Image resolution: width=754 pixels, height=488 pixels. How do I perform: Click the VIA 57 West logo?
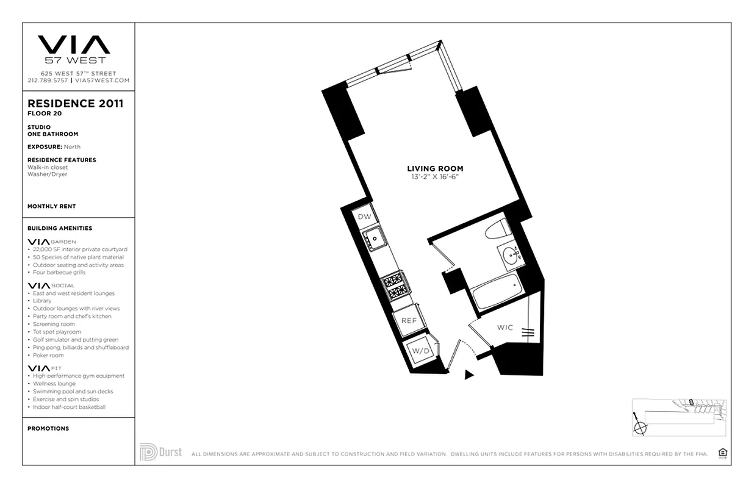click(74, 49)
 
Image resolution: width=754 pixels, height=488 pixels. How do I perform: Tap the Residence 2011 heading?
click(75, 104)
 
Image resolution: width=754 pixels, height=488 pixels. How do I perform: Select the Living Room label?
click(435, 168)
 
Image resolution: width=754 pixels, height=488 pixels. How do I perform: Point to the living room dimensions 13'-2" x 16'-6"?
click(435, 177)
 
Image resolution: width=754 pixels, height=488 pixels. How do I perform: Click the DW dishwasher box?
click(364, 217)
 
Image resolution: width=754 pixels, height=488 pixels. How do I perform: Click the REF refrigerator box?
click(409, 320)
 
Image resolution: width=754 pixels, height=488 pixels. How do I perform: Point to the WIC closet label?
click(505, 328)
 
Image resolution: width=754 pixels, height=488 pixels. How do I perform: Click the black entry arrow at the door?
click(468, 375)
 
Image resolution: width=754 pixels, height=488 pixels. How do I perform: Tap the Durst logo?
click(160, 452)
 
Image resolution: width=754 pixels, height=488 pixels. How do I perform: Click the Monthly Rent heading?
click(51, 206)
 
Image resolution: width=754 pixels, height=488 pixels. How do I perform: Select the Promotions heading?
click(48, 428)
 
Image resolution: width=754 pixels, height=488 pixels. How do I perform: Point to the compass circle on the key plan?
click(640, 427)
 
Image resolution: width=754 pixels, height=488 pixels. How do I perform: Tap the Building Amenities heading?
click(60, 228)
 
